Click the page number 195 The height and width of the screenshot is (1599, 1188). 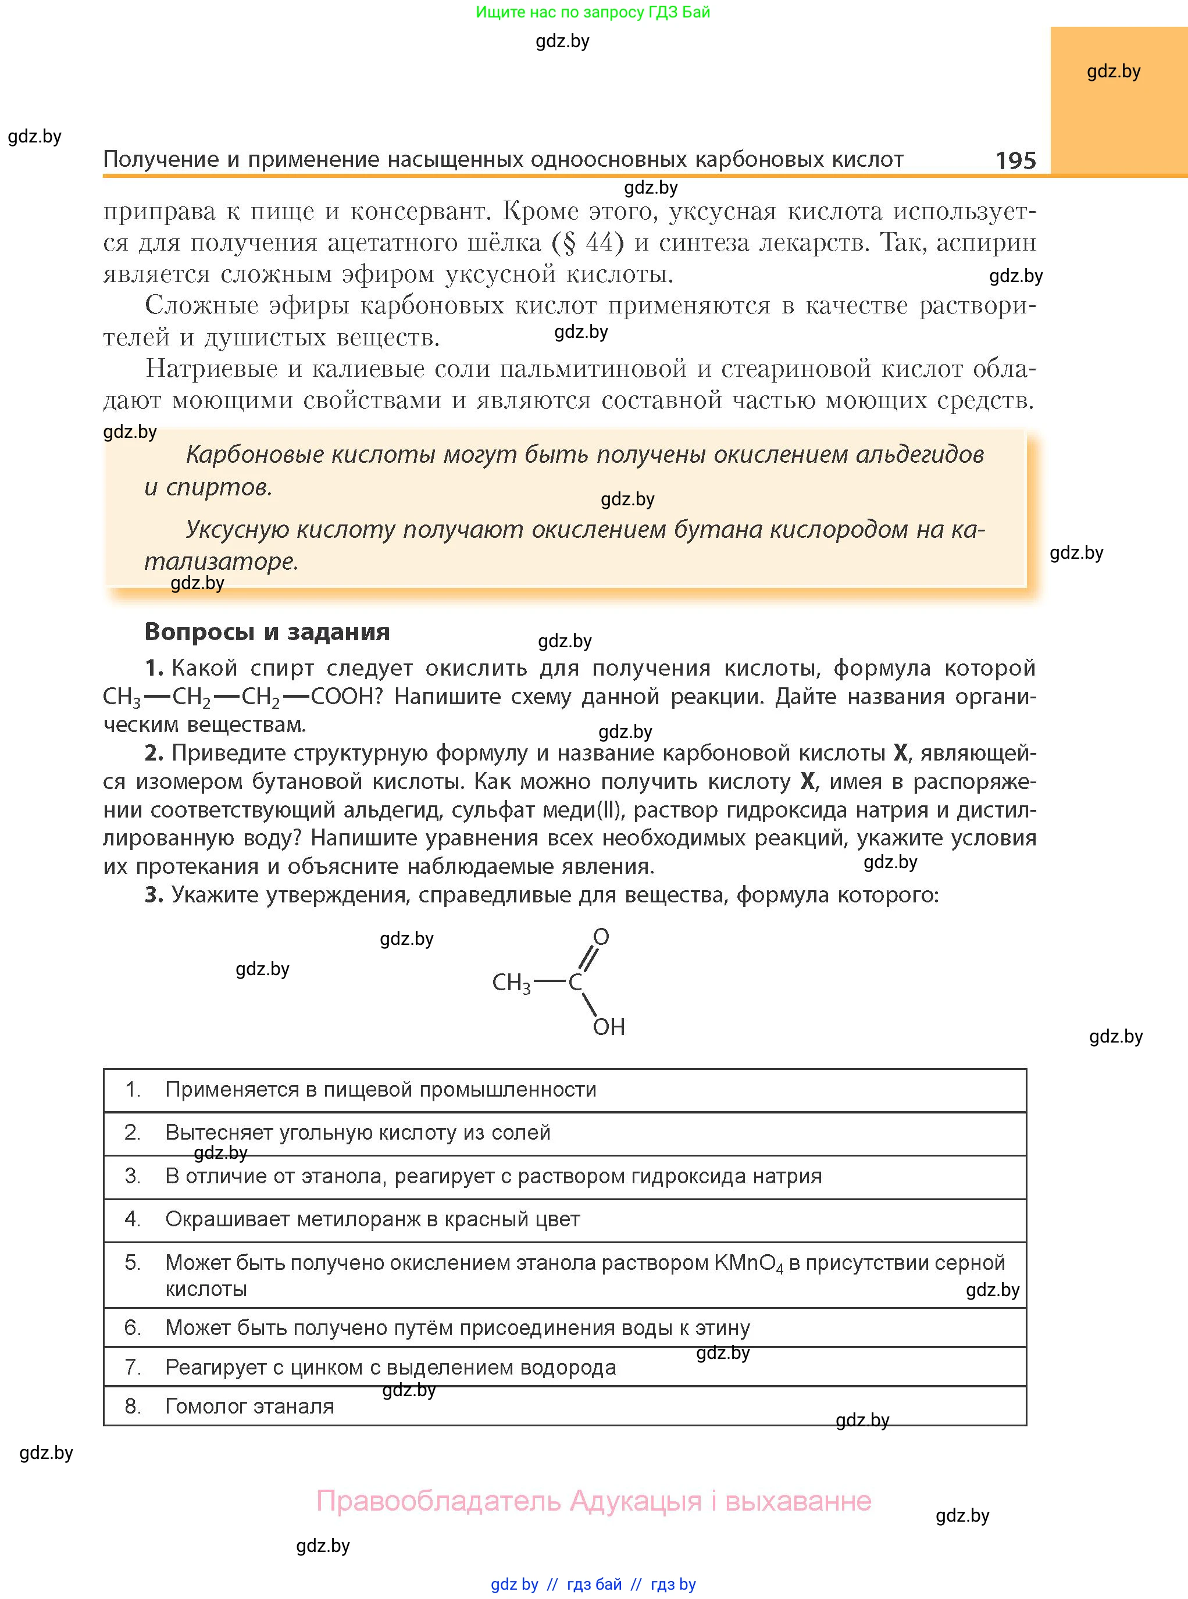tap(1015, 160)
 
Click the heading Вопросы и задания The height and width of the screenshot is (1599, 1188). tap(267, 631)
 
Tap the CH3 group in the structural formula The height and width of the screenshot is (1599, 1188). tap(511, 982)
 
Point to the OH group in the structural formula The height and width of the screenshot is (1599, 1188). tap(608, 1027)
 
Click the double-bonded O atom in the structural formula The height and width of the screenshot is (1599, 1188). tap(601, 936)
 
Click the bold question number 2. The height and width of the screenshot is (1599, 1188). tap(154, 753)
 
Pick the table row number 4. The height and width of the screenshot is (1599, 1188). tap(133, 1219)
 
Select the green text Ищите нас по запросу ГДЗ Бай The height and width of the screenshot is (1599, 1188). tap(593, 12)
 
